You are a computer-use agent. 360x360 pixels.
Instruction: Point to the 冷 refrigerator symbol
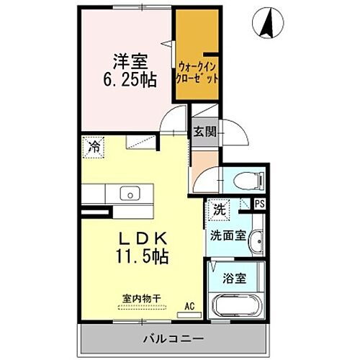coord(93,146)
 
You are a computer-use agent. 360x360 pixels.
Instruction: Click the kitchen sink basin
coord(130,193)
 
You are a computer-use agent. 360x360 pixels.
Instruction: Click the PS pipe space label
coord(259,204)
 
